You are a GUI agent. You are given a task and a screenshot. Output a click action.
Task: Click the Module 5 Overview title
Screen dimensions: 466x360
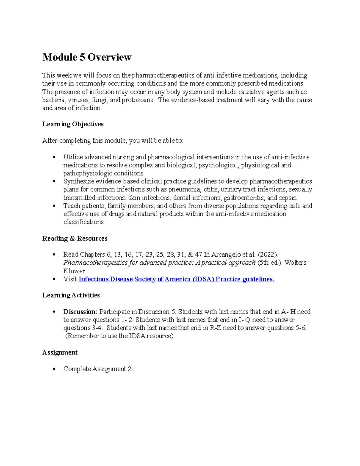point(87,57)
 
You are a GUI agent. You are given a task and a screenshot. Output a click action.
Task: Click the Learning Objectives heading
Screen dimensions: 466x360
point(73,124)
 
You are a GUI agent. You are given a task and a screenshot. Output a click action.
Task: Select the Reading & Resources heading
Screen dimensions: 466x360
point(75,239)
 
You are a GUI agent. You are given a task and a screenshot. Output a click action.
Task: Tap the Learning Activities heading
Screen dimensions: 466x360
point(71,295)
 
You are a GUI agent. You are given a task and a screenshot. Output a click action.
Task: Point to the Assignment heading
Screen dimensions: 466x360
point(60,353)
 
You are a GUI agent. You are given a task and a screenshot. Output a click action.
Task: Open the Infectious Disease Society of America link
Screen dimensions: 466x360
point(176,279)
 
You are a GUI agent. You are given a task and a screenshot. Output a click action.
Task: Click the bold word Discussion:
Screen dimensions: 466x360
point(80,312)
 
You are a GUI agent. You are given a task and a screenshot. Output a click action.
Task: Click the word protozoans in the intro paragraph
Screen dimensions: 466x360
point(138,100)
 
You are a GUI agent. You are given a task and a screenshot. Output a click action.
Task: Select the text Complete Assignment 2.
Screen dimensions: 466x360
point(98,369)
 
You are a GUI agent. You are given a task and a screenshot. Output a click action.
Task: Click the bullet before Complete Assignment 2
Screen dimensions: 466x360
point(54,369)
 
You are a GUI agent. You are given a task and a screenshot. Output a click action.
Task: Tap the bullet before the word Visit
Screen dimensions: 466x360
point(54,279)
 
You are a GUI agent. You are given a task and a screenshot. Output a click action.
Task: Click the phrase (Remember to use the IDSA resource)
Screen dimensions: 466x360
point(119,336)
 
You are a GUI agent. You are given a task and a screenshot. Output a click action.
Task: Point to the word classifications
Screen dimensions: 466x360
point(84,222)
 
